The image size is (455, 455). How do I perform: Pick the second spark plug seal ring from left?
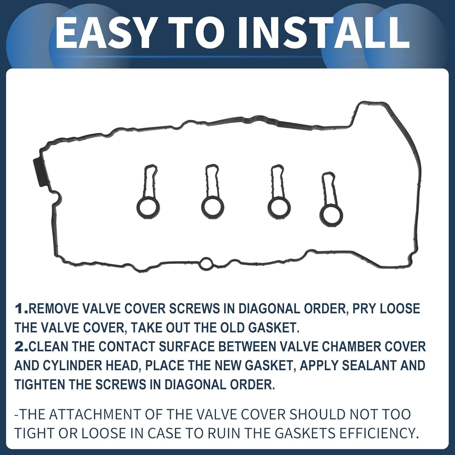click(213, 207)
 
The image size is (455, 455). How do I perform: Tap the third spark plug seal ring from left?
click(279, 207)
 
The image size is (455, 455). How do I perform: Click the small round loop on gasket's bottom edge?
click(206, 263)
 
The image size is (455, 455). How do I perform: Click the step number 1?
click(21, 309)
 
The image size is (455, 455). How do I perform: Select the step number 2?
click(21, 347)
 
